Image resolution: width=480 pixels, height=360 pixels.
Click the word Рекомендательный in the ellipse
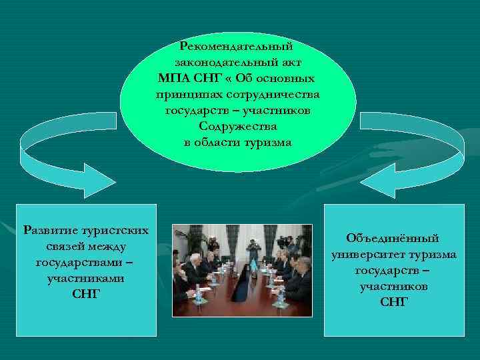click(x=237, y=47)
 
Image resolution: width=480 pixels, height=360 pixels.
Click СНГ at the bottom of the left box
click(x=85, y=295)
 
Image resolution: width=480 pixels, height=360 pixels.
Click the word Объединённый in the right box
click(x=393, y=238)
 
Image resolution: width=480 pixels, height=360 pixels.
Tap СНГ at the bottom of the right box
click(x=393, y=302)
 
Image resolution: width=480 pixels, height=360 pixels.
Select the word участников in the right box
click(x=393, y=286)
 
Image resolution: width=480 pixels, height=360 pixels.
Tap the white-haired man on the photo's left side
click(x=195, y=261)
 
